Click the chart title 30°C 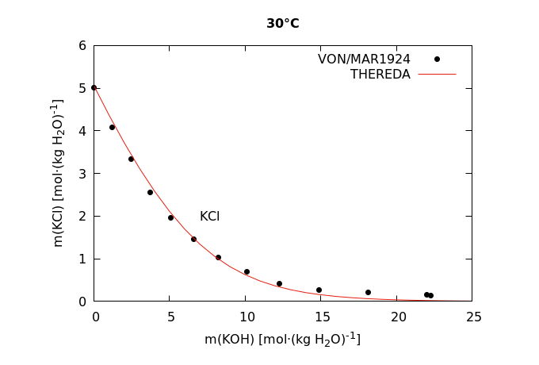282,24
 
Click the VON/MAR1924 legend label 364,59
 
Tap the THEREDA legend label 380,75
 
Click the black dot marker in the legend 437,59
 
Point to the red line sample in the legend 437,75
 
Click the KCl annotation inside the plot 209,216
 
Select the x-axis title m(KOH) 282,340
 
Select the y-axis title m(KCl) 58,173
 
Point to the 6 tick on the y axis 82,45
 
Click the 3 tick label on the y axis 82,173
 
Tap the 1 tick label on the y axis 82,259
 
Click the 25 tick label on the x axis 472,317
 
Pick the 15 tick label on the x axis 321,317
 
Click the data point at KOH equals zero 94,87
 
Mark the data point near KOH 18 368,292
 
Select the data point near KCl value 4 112,127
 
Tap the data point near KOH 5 170,217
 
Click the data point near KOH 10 247,271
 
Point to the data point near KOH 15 319,290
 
